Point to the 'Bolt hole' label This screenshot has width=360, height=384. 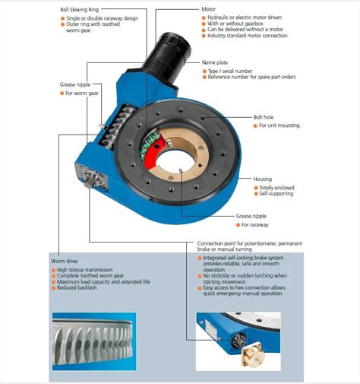266,117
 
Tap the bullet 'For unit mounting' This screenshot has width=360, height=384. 279,125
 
